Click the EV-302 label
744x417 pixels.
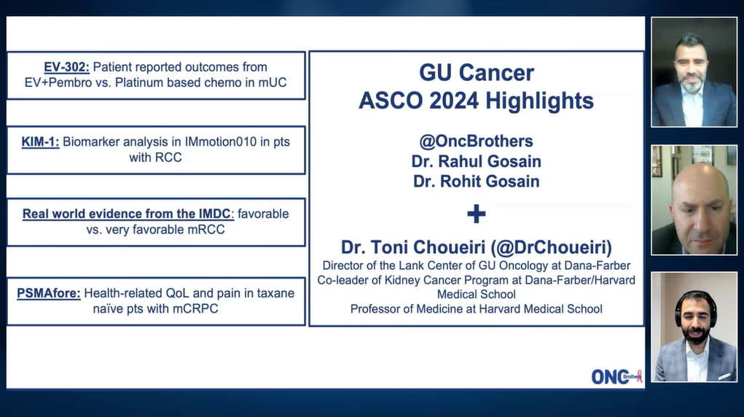[66, 67]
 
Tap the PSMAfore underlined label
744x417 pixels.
[48, 293]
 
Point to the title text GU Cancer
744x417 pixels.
[476, 73]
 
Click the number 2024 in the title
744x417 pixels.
[471, 101]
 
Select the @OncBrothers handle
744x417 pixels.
[476, 141]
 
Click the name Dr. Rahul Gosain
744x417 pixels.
[476, 161]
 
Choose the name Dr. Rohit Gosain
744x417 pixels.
[476, 182]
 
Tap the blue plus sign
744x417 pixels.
[476, 214]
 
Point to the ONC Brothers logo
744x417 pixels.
[616, 376]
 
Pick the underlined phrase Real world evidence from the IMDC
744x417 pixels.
[127, 214]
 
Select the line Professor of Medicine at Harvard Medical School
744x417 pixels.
[476, 309]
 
